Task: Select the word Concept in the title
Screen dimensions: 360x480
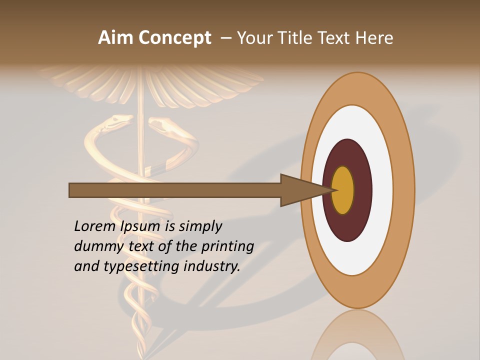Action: (x=174, y=38)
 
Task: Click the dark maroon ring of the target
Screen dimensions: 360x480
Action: (x=347, y=225)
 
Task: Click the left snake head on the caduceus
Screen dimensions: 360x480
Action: (x=120, y=120)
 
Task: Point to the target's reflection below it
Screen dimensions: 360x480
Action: (x=357, y=335)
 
